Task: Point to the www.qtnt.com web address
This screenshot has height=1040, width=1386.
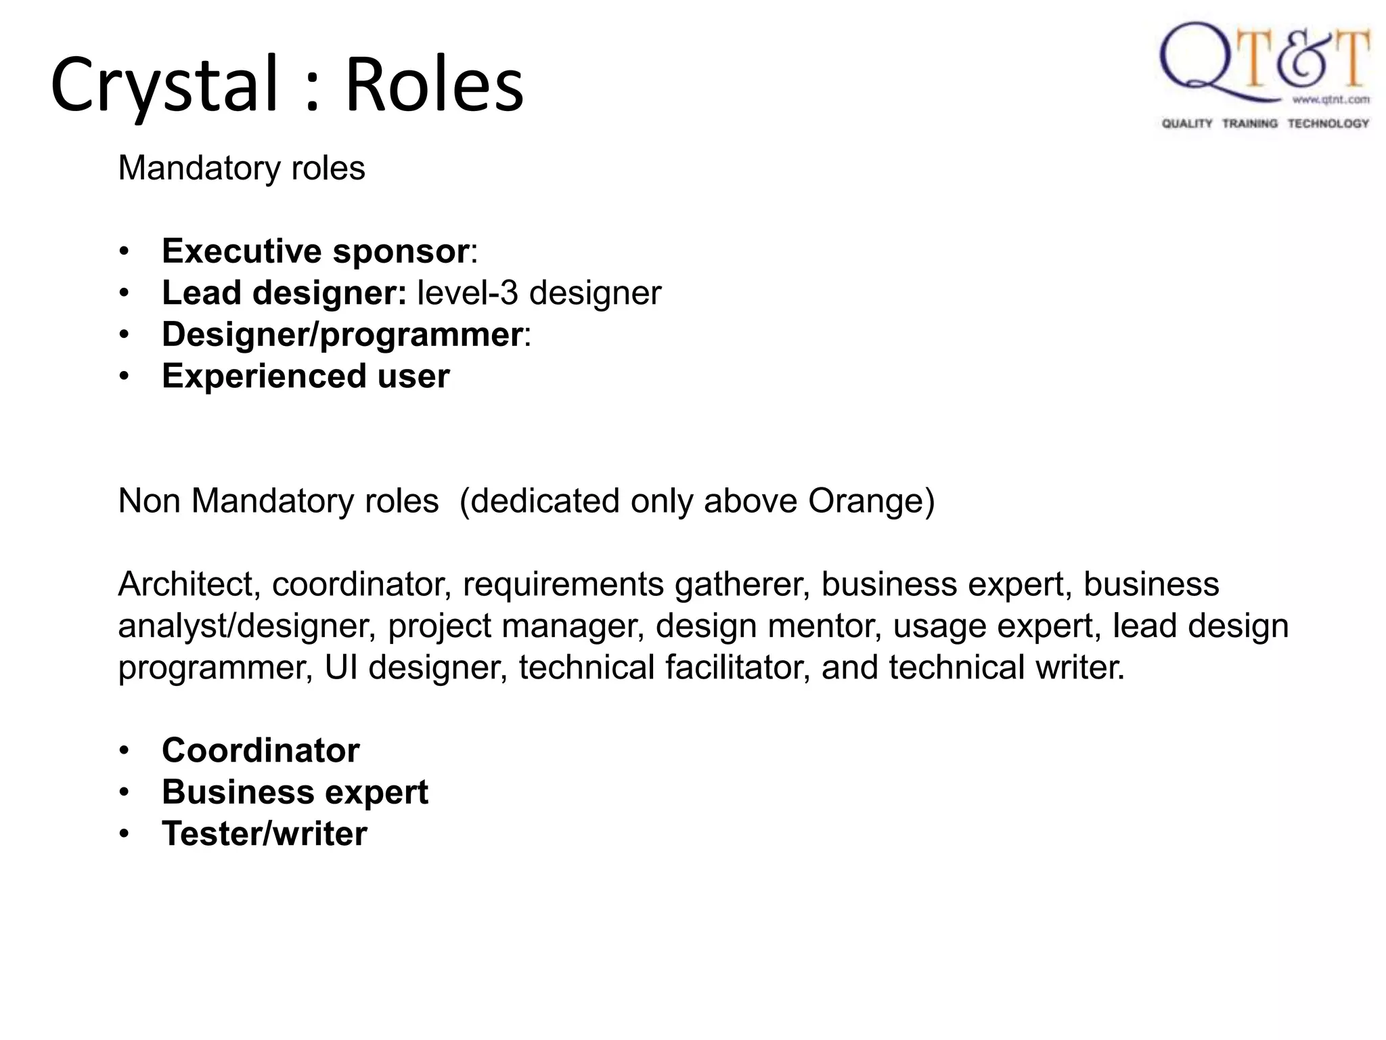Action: [x=1331, y=100]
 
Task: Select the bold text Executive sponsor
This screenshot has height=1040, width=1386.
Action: [x=315, y=251]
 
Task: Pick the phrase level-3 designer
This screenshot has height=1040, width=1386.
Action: [x=539, y=293]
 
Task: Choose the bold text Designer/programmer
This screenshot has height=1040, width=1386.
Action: [x=342, y=334]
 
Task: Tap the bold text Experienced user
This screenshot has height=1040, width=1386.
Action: [x=306, y=376]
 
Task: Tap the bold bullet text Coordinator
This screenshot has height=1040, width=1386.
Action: [x=261, y=750]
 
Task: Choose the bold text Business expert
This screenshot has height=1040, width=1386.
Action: [x=295, y=792]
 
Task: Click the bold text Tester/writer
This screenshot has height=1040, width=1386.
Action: [x=265, y=833]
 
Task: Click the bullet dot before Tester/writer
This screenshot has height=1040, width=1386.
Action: [x=124, y=834]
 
